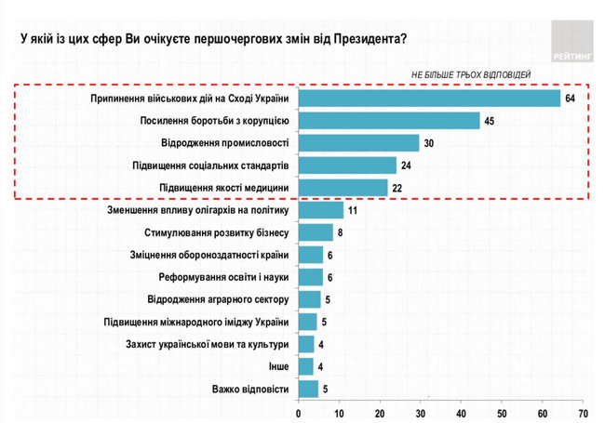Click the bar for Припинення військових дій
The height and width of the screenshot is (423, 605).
coord(428,99)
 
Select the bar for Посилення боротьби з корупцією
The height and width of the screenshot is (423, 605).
coord(389,121)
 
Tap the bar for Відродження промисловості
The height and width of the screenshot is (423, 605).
coord(358,143)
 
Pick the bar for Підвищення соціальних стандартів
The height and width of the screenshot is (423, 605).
coord(346,165)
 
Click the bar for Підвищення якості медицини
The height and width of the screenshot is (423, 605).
coord(343,188)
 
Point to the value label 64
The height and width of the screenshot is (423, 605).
coord(571,99)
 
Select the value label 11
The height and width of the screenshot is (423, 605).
coord(353,211)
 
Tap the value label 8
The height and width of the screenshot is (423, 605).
coord(341,232)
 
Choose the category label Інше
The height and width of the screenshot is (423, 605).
coord(277,366)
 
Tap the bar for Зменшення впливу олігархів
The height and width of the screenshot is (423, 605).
coord(320,211)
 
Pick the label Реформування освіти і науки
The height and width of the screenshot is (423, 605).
coord(222,277)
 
